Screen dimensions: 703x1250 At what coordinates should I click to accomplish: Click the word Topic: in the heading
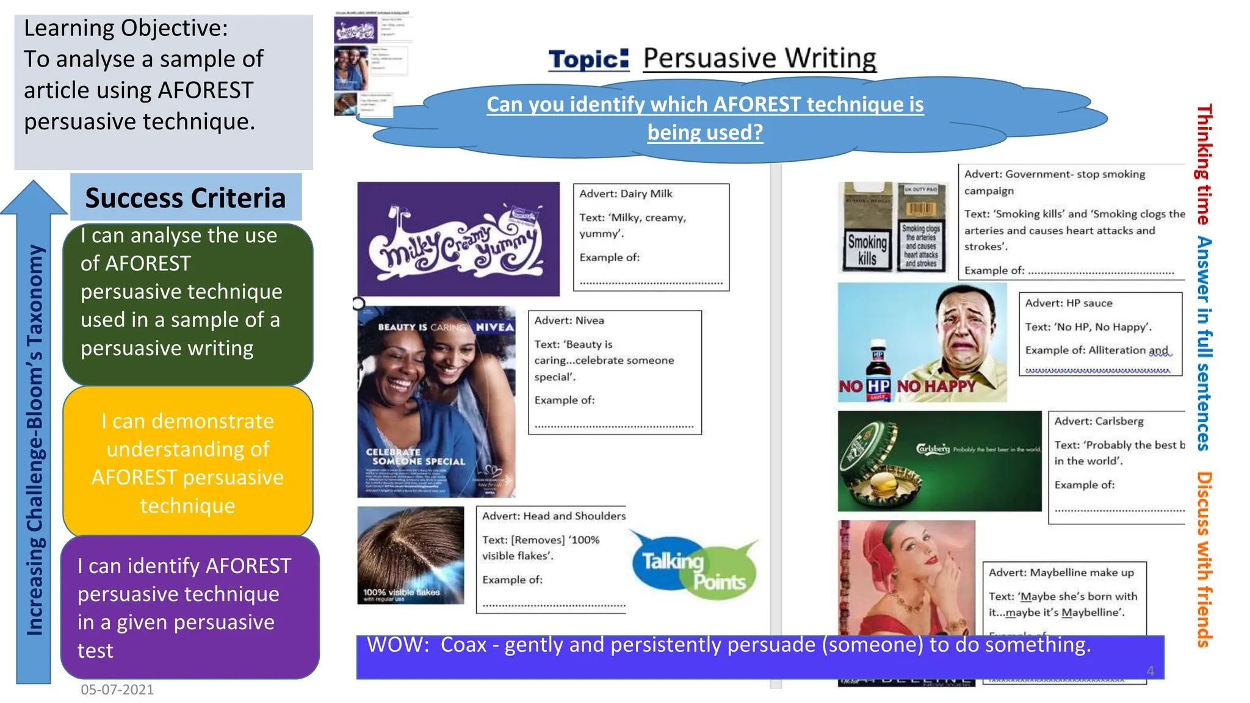588,59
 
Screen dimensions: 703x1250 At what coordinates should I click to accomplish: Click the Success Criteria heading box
186,198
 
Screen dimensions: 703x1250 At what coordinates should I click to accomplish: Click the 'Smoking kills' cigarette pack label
867,250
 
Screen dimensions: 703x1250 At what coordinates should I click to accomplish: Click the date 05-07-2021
117,690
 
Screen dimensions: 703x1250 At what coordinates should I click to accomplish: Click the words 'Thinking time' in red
1204,165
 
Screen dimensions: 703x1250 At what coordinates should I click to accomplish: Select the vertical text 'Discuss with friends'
1204,558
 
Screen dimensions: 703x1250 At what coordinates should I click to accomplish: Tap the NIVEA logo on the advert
494,327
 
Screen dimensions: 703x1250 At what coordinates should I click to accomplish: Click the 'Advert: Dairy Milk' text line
626,194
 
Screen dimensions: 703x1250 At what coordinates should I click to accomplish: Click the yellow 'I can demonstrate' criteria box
187,463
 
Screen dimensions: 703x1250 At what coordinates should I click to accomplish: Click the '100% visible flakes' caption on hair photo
401,593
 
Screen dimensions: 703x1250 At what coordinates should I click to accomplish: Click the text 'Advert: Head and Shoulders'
554,516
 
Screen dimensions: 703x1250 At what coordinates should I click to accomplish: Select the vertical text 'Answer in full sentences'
1204,343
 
